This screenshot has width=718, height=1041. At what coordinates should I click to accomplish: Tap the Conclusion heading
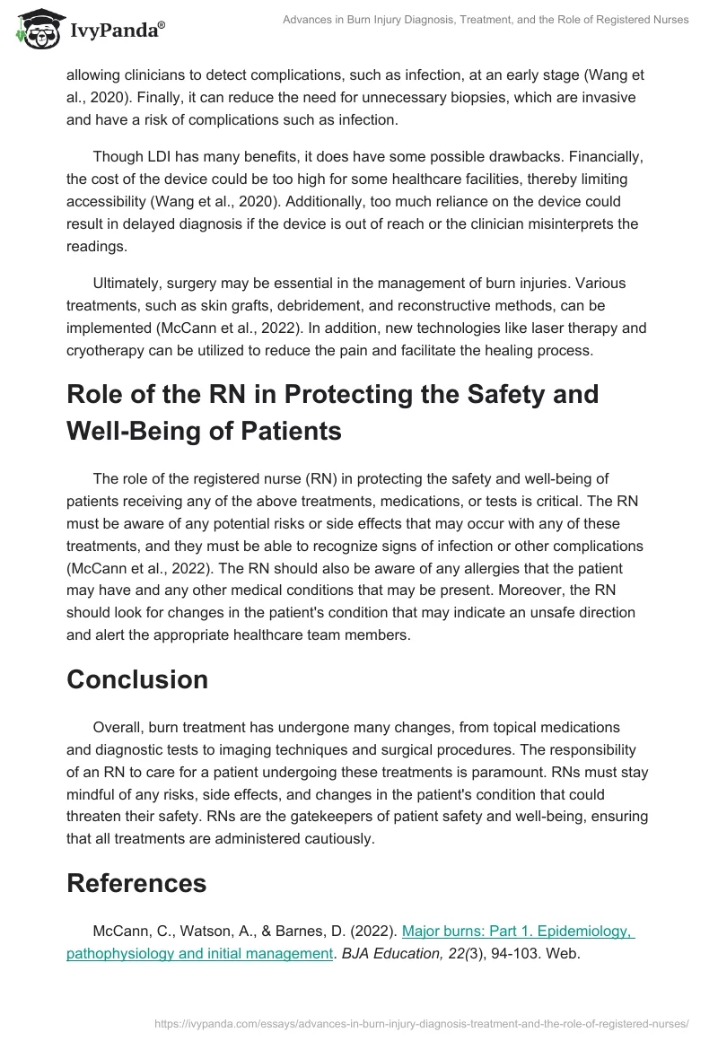coord(137,679)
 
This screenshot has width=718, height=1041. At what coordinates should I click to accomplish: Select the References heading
coord(136,883)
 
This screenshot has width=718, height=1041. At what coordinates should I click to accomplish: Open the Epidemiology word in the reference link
coord(574,932)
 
